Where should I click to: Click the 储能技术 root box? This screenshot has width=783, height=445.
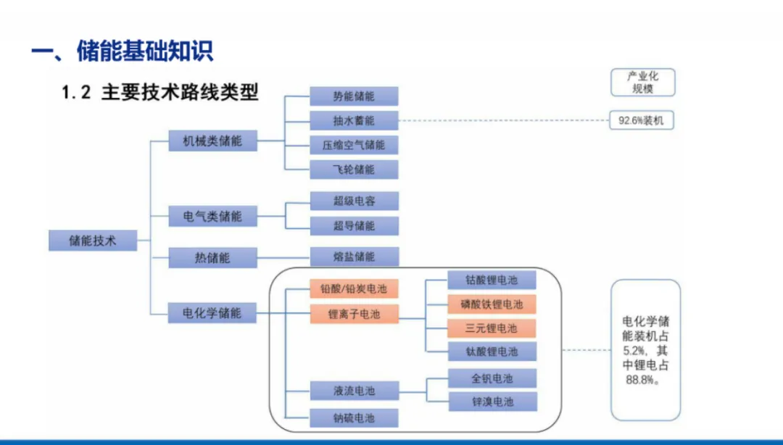pos(93,240)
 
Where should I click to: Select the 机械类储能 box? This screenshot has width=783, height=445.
pos(212,141)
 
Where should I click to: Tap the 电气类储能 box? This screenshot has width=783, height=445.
pos(212,216)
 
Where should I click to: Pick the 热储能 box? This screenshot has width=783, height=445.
pos(212,257)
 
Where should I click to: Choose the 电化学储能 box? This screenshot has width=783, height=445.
pos(212,313)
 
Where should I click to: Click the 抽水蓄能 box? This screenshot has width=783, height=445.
pos(354,120)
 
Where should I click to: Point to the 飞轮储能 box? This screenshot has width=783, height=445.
pos(354,170)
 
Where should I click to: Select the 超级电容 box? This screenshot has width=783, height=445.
pos(354,201)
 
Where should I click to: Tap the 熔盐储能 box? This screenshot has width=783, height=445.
pos(354,257)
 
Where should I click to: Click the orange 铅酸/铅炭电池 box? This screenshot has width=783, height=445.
pos(354,289)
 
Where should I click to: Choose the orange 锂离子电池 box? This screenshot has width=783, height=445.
pos(354,314)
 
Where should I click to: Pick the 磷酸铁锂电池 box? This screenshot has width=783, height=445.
pos(492,304)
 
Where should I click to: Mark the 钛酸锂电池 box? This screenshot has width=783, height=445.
pos(492,352)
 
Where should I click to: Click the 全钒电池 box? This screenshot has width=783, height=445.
pos(492,378)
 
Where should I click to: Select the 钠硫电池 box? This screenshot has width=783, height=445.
pos(354,418)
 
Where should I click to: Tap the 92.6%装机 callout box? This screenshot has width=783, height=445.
pos(641,120)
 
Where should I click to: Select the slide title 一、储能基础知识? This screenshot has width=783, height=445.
pos(123,51)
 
